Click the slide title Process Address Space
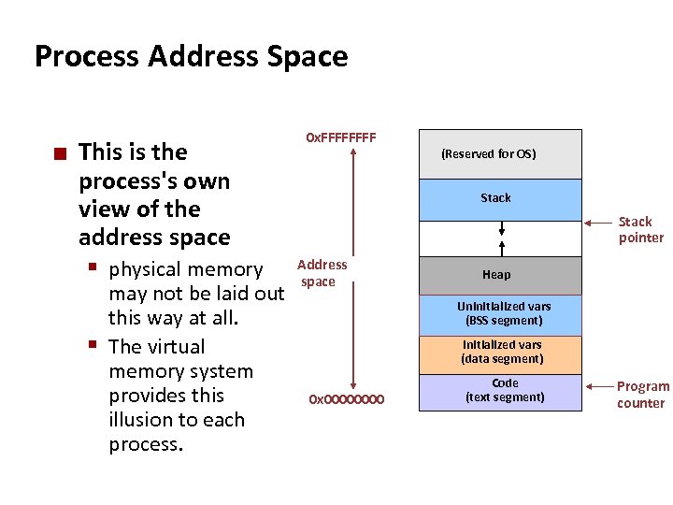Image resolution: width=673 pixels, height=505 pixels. point(191,56)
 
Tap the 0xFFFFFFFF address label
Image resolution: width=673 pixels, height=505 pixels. point(341,137)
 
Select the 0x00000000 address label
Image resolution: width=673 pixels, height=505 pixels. point(346,400)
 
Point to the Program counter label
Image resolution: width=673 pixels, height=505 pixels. point(642,395)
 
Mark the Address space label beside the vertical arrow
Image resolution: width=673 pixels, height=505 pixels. point(322,273)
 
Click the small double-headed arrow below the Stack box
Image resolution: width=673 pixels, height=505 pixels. point(502,228)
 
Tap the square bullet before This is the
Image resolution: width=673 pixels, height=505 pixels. point(59,152)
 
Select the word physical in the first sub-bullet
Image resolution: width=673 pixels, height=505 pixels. point(146,269)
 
